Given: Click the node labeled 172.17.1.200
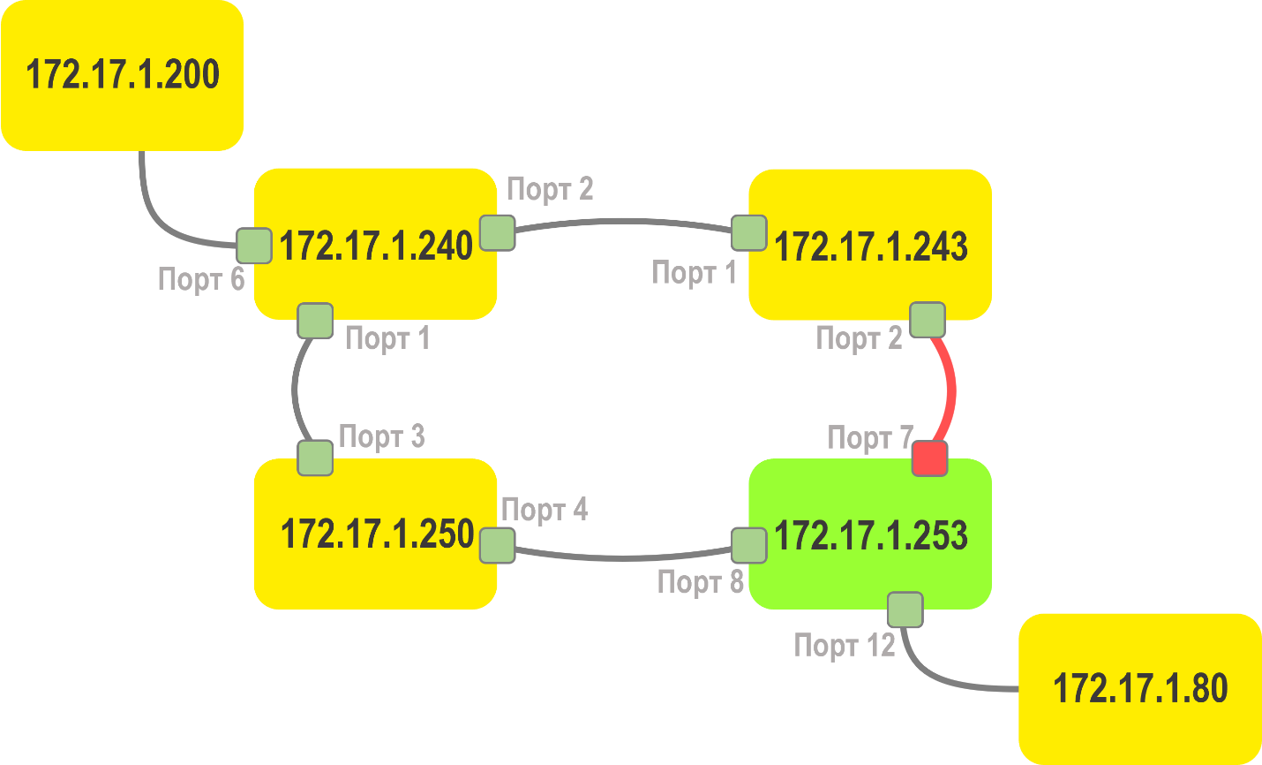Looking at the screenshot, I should point(122,75).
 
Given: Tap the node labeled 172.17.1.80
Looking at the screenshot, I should point(1139,688).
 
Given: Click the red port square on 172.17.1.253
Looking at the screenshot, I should point(929,458).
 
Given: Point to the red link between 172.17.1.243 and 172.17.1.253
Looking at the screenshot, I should point(951,389).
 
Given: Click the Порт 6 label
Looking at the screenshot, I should point(200,279).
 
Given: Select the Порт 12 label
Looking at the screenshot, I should point(845,646).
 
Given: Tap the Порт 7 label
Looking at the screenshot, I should point(869,437).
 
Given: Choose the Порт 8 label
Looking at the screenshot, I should point(701,582).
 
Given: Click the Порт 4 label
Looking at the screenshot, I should point(544,510).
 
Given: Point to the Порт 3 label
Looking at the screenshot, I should point(381,436).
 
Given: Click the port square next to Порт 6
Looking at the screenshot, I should point(254,246).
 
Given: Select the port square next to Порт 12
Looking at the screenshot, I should point(905,610).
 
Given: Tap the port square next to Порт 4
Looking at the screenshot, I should point(498,545).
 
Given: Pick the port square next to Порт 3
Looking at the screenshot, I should point(315,458).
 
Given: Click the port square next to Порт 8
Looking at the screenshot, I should point(749,545).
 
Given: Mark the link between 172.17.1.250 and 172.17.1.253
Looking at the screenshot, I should point(623,557).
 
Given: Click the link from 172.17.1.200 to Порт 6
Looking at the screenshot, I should point(159,216).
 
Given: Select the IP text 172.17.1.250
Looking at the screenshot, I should point(377,534).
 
